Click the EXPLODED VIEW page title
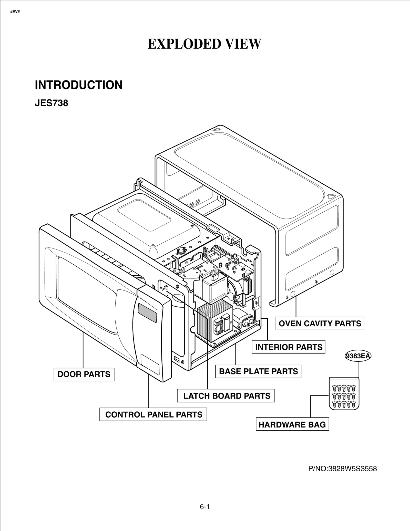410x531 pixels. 204,44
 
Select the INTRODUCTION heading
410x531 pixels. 78,85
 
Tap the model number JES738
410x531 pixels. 51,103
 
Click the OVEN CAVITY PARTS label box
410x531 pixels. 320,324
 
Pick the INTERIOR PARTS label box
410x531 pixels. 289,347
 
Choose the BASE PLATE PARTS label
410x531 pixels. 258,371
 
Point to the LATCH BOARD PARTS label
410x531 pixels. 226,396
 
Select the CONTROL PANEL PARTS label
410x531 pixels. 153,414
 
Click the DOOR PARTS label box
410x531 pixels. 84,374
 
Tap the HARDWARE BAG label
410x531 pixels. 292,425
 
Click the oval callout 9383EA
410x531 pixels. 358,356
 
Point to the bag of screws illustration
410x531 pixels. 344,393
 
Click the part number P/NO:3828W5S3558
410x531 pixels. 342,469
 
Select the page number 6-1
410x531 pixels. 204,507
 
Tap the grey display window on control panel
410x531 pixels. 147,313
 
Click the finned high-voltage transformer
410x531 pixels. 215,321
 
